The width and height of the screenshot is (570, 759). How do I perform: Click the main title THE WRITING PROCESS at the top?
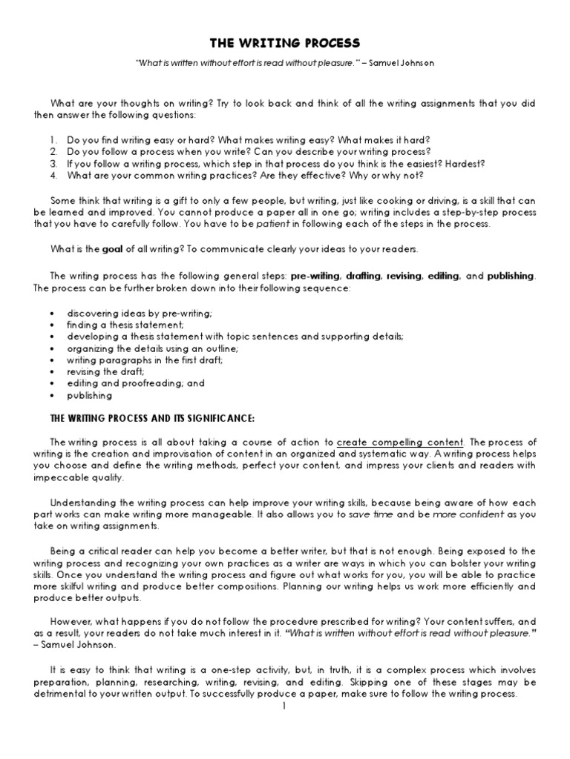point(285,43)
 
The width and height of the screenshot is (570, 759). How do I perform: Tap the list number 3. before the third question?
point(54,162)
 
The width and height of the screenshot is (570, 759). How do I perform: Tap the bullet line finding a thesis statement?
point(125,325)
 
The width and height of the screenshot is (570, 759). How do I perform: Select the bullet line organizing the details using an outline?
point(152,348)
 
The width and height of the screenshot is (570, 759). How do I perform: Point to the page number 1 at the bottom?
point(284,706)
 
